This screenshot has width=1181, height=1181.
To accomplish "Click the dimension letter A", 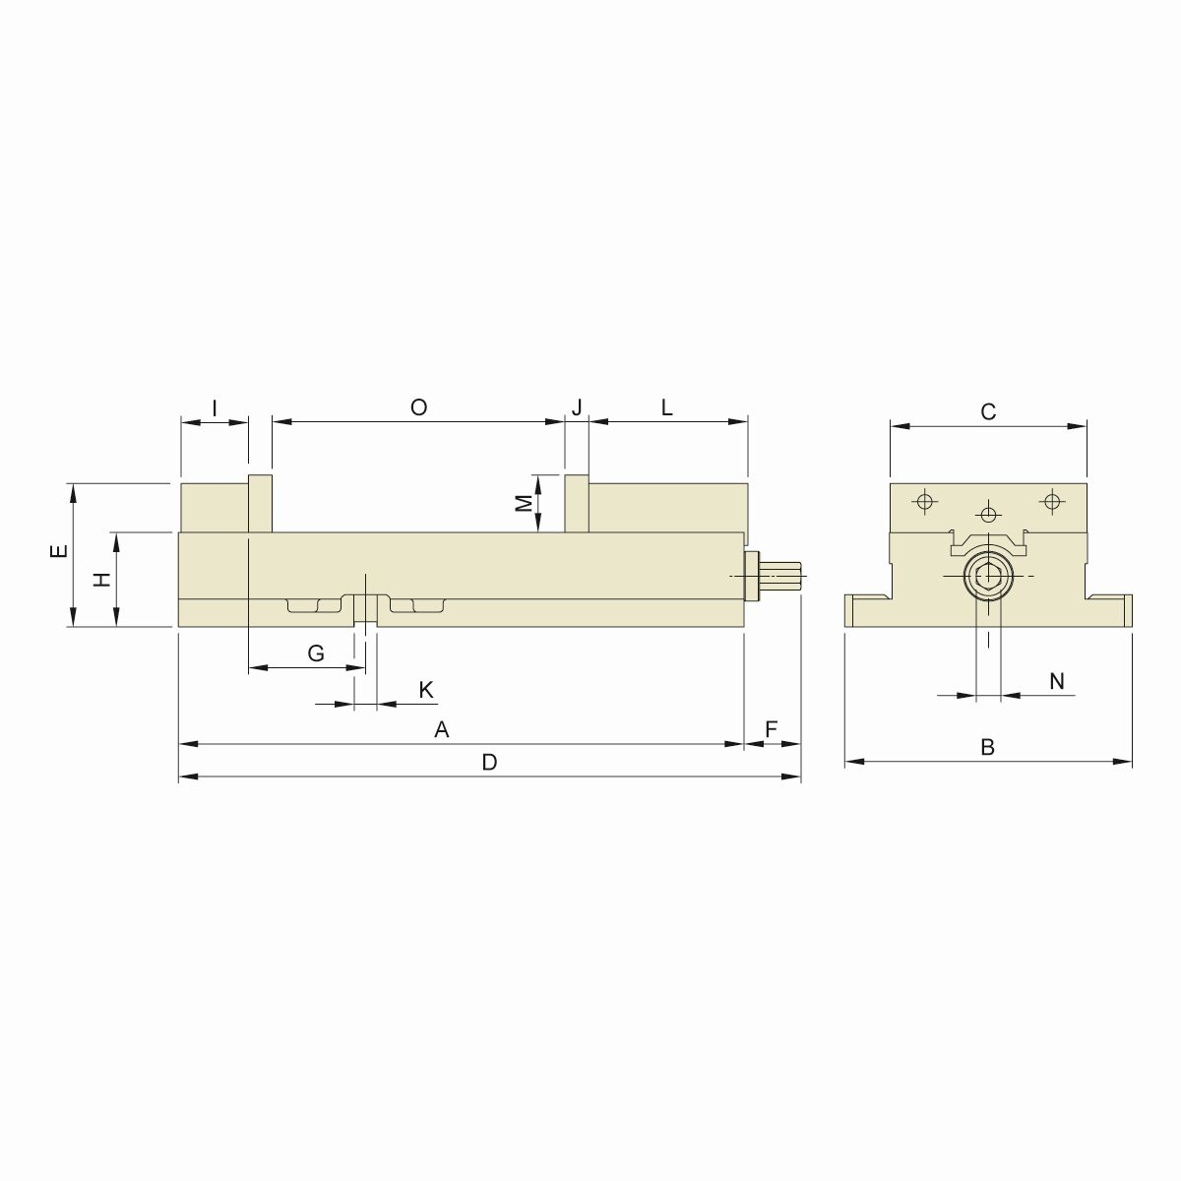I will pyautogui.click(x=442, y=730).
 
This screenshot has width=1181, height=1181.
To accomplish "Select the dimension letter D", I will pyautogui.click(x=489, y=763).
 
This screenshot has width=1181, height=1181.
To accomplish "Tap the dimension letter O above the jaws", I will pyautogui.click(x=418, y=407).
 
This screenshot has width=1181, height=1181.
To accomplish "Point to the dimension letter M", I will pyautogui.click(x=525, y=503).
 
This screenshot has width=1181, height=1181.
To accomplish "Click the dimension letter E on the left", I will pyautogui.click(x=60, y=552).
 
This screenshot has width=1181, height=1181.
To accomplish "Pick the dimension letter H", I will pyautogui.click(x=101, y=580).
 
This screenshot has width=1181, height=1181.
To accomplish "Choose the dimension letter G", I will pyautogui.click(x=316, y=654).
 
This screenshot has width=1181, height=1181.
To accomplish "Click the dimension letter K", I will pyautogui.click(x=426, y=690).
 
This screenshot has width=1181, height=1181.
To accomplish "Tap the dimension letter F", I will pyautogui.click(x=772, y=729).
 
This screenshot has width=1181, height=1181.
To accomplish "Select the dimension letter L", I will pyautogui.click(x=666, y=407).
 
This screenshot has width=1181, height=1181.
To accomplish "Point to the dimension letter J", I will pyautogui.click(x=578, y=407).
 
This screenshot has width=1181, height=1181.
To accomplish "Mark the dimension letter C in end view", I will pyautogui.click(x=989, y=412).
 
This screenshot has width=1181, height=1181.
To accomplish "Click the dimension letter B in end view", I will pyautogui.click(x=988, y=747).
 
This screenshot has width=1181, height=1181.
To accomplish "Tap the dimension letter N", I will pyautogui.click(x=1057, y=681).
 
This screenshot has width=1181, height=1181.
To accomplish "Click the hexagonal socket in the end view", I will pyautogui.click(x=988, y=576).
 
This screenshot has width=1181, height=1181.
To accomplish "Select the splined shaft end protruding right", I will pyautogui.click(x=784, y=577).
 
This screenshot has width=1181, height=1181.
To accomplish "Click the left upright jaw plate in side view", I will pyautogui.click(x=260, y=504).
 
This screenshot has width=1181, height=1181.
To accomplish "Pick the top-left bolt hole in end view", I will pyautogui.click(x=923, y=502).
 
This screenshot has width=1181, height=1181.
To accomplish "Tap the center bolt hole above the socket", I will pyautogui.click(x=988, y=513).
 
